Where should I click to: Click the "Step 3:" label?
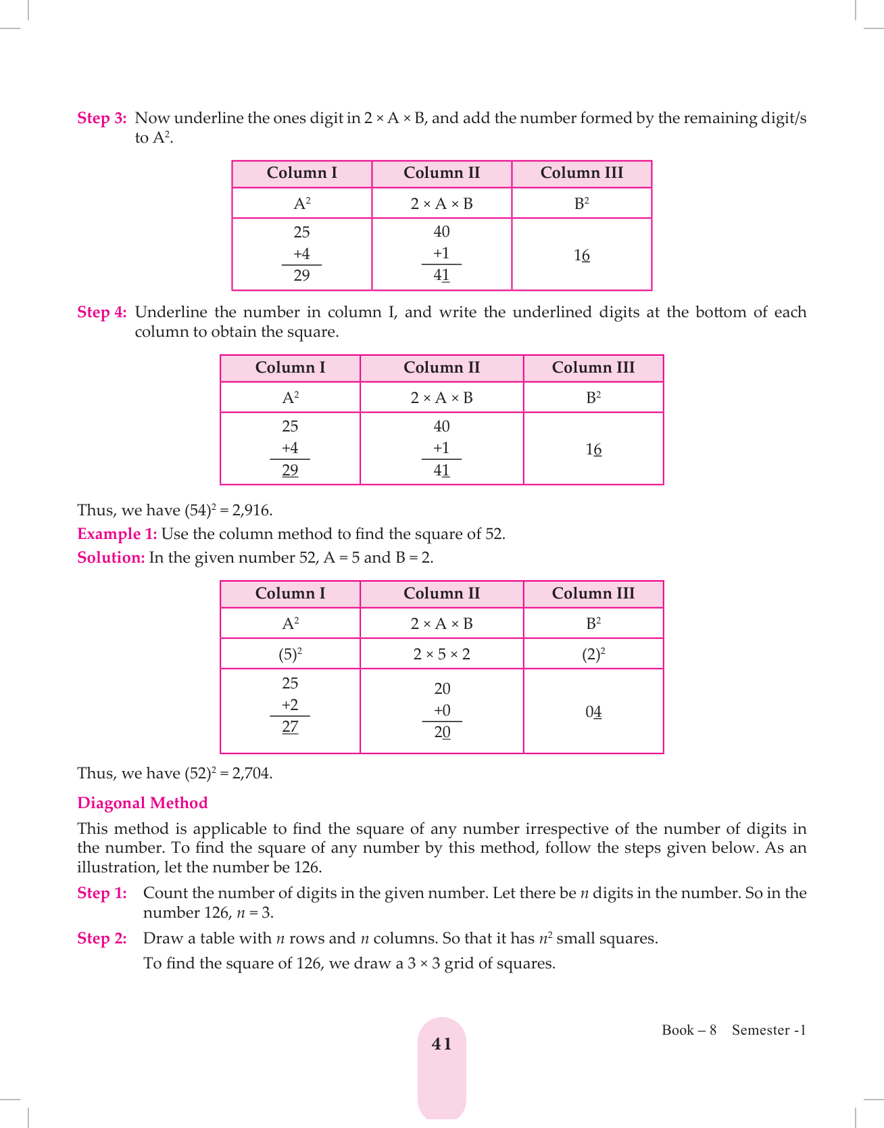[x=102, y=118]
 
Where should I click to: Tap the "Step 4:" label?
[x=102, y=312]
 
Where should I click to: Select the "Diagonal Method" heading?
[x=143, y=803]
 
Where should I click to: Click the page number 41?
[x=441, y=1044]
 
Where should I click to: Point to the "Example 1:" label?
[x=117, y=534]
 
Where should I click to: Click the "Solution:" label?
[x=111, y=558]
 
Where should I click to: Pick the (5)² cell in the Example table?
[x=290, y=655]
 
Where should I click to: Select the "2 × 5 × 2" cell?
[x=441, y=655]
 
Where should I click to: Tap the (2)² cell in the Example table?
[x=593, y=655]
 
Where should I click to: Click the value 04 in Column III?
[x=593, y=712]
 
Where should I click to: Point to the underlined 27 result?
[x=290, y=727]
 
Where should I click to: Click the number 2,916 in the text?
[x=251, y=511]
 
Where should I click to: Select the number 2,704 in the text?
[x=251, y=774]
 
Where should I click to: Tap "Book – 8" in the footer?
[x=689, y=1030]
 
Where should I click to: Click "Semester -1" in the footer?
[x=768, y=1030]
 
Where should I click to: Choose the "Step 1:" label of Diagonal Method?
[x=102, y=893]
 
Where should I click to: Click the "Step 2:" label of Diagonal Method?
[x=102, y=939]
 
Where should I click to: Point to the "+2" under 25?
[x=290, y=705]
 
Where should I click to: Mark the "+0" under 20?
[x=442, y=711]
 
